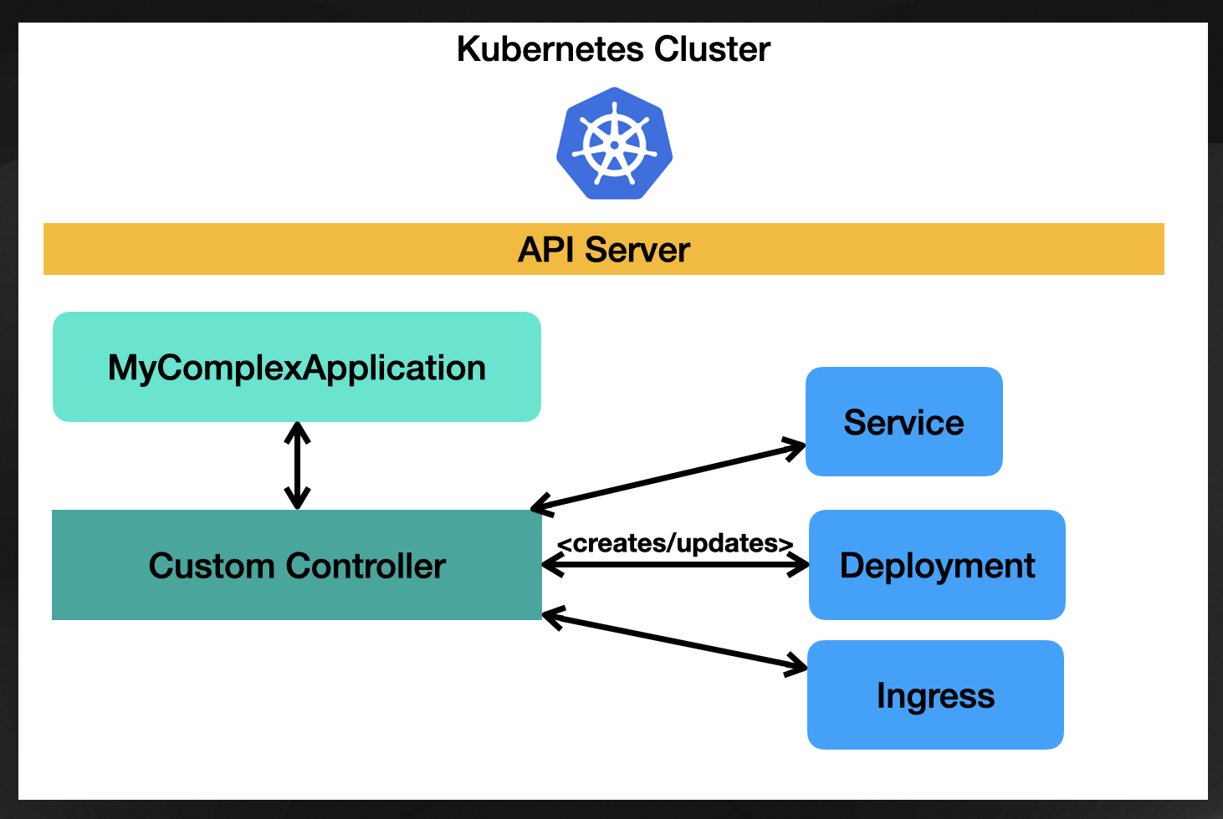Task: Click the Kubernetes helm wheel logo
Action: tap(615, 144)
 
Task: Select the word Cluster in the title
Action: tap(712, 49)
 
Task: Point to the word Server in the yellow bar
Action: tap(637, 250)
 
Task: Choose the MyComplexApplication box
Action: tap(296, 367)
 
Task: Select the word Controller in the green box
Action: tap(366, 566)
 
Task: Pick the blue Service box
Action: tap(903, 422)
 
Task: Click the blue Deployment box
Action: tap(937, 565)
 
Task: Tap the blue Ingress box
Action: tap(935, 695)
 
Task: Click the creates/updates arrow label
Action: tap(675, 543)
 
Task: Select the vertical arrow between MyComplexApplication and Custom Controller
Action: tap(297, 465)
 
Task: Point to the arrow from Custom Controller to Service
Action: tap(669, 476)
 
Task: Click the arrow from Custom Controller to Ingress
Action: tap(674, 642)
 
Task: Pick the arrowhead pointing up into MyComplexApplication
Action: tap(297, 430)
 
